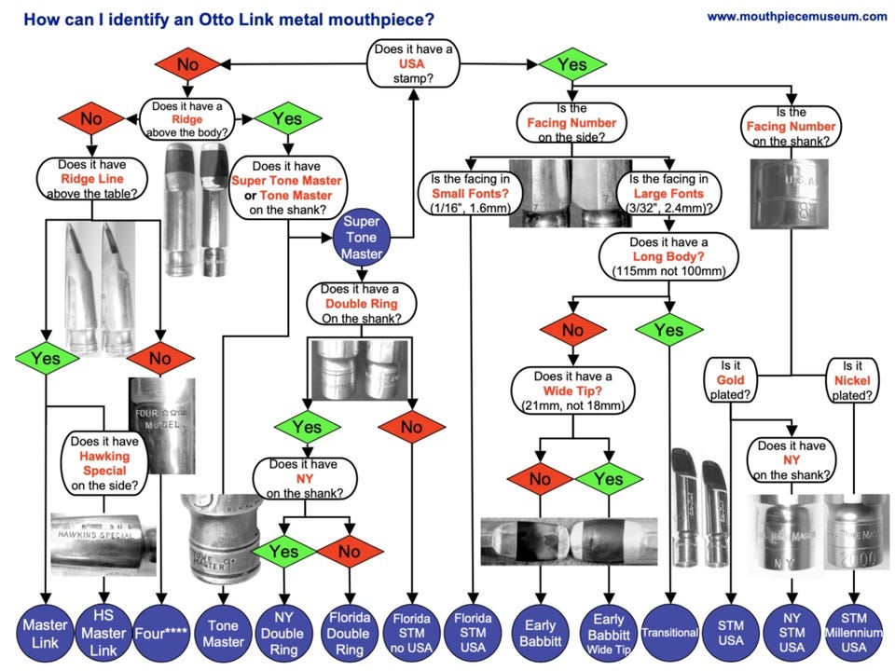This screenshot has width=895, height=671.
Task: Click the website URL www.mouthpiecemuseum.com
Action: pos(796,16)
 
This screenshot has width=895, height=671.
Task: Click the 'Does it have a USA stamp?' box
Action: pos(412,63)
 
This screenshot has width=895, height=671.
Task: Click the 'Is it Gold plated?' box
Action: pos(732,379)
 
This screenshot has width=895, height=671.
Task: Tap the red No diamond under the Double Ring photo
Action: pos(411,429)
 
